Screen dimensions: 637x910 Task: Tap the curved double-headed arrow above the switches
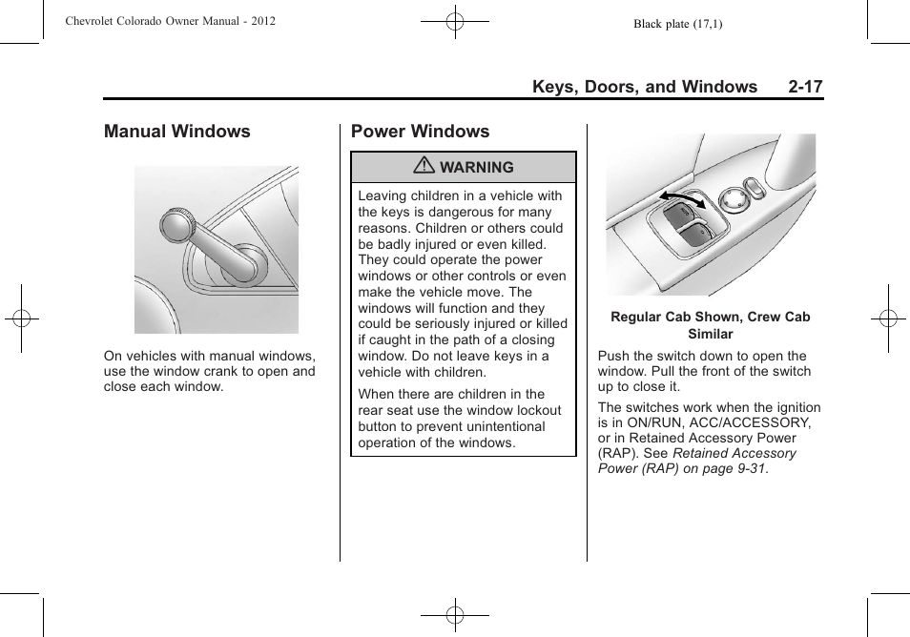point(686,198)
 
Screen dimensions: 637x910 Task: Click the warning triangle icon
point(425,167)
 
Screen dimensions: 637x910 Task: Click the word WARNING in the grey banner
point(476,167)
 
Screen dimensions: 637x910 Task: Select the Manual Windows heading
point(177,132)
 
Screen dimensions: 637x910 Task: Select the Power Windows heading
point(420,132)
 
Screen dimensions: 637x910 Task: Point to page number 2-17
point(805,87)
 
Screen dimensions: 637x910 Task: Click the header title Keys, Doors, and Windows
point(644,87)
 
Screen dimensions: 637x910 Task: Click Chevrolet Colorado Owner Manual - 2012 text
point(171,20)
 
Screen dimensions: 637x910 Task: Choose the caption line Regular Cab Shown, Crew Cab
point(710,318)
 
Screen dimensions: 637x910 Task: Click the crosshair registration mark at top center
point(455,20)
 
